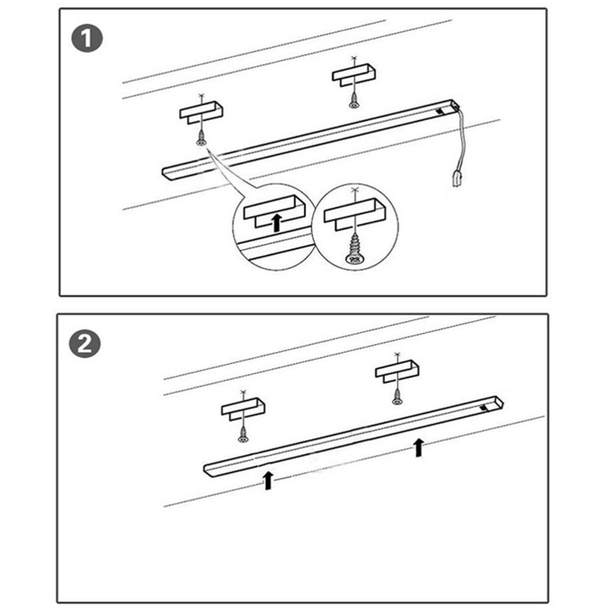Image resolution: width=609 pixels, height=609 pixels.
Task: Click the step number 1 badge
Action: click(x=86, y=40)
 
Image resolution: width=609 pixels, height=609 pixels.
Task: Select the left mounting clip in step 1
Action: click(x=202, y=112)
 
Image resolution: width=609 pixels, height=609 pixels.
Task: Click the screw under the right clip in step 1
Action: click(x=353, y=102)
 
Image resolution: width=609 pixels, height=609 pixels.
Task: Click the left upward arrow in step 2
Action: click(x=267, y=479)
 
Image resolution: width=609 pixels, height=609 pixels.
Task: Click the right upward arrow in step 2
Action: click(x=418, y=446)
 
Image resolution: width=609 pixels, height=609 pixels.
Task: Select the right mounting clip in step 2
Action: click(x=397, y=371)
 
